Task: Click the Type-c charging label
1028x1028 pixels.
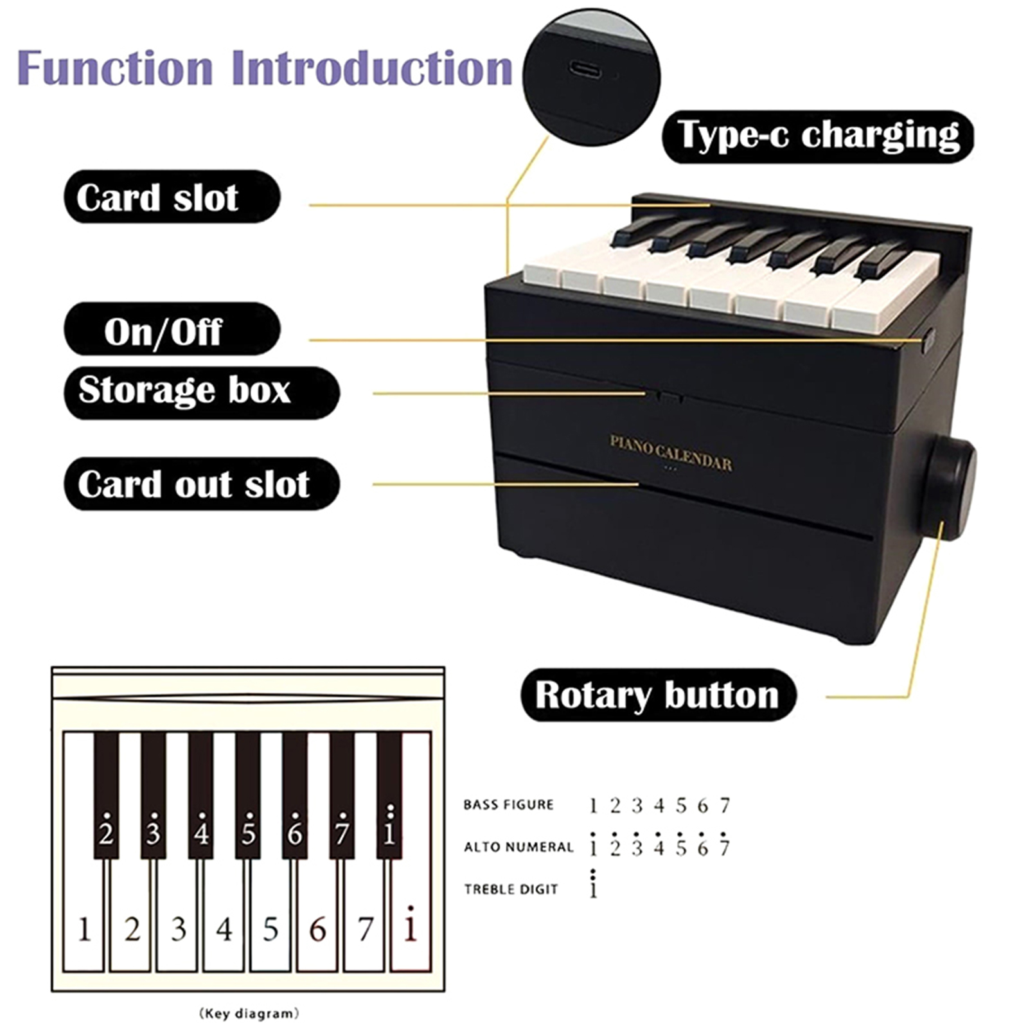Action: (x=818, y=136)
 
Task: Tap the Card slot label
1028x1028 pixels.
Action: (x=172, y=197)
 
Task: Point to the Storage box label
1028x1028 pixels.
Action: (x=202, y=393)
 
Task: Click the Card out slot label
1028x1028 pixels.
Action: (x=202, y=484)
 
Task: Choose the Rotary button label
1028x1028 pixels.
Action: (x=659, y=695)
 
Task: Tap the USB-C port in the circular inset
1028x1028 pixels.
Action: (x=585, y=69)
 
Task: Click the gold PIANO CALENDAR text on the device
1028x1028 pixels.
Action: (x=671, y=453)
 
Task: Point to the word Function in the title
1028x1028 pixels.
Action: (x=116, y=67)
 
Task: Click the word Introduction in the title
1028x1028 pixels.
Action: (x=372, y=67)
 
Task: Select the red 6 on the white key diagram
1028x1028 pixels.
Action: (x=317, y=930)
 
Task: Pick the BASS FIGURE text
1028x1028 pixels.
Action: (x=508, y=805)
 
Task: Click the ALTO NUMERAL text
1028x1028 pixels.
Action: (x=518, y=847)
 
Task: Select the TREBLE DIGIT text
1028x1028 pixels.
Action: (x=511, y=890)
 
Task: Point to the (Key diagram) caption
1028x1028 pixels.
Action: (x=249, y=1014)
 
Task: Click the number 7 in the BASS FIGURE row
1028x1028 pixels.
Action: (x=725, y=805)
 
